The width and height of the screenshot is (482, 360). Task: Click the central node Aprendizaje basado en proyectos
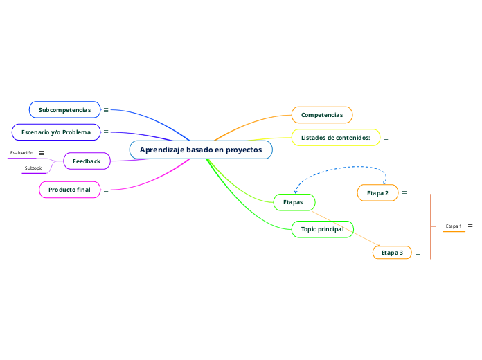[x=201, y=150]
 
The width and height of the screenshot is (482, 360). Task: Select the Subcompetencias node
[x=64, y=110]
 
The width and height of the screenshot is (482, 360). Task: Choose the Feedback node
[x=87, y=161]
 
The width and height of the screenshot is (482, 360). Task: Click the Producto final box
[x=69, y=190]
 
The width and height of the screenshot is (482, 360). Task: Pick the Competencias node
[x=322, y=115]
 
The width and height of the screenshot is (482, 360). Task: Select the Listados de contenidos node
[x=336, y=138]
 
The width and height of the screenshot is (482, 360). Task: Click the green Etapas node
[x=294, y=202]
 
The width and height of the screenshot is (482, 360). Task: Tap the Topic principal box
[x=323, y=229]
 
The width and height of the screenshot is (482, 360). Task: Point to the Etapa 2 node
[x=377, y=192]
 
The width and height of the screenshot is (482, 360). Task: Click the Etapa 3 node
[x=392, y=253]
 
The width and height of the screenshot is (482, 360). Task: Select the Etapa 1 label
[x=454, y=226]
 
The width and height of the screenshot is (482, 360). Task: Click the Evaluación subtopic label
[x=21, y=153]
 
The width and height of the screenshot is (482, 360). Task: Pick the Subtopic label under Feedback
[x=33, y=168]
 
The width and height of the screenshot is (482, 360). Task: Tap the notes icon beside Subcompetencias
[x=106, y=110]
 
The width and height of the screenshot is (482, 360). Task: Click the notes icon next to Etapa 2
[x=404, y=192]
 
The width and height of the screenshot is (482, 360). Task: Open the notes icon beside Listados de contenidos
[x=386, y=138]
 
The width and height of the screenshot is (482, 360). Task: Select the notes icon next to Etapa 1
[x=471, y=226]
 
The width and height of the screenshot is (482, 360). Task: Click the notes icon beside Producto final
[x=106, y=190]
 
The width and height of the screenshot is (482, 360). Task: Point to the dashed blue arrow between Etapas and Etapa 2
[x=339, y=166]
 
